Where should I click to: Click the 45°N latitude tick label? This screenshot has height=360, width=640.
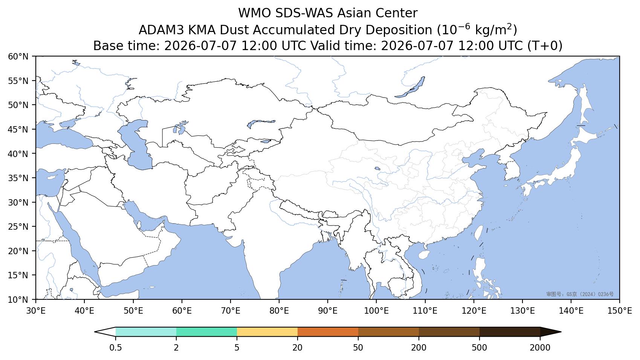18,130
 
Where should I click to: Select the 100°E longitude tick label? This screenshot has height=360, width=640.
376,311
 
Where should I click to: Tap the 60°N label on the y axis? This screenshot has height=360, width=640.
18,56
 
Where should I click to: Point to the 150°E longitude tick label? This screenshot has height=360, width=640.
619,311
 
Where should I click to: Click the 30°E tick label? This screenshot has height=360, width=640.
36,311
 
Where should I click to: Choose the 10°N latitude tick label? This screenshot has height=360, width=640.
18,300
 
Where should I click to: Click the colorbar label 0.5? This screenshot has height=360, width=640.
115,348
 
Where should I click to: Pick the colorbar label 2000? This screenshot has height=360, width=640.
540,348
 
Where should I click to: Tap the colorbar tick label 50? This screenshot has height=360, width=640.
358,348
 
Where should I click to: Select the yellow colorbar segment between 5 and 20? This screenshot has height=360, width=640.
267,332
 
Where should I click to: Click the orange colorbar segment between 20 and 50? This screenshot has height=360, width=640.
328,332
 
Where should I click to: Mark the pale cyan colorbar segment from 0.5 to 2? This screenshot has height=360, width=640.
146,332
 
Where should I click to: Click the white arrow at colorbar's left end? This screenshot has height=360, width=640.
105,332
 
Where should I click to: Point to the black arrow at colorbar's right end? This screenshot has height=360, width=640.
551,332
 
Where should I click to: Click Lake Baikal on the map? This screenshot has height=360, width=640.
410,87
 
